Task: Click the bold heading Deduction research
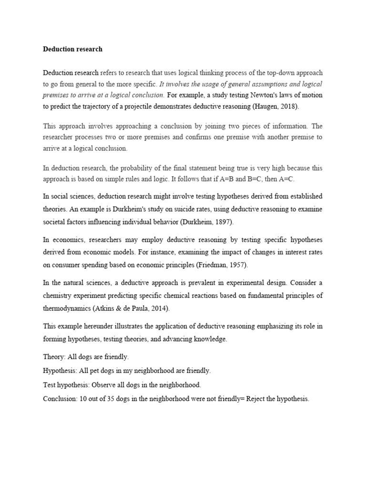click(x=72, y=49)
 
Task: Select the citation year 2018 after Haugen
click(x=288, y=106)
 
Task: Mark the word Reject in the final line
click(x=252, y=398)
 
